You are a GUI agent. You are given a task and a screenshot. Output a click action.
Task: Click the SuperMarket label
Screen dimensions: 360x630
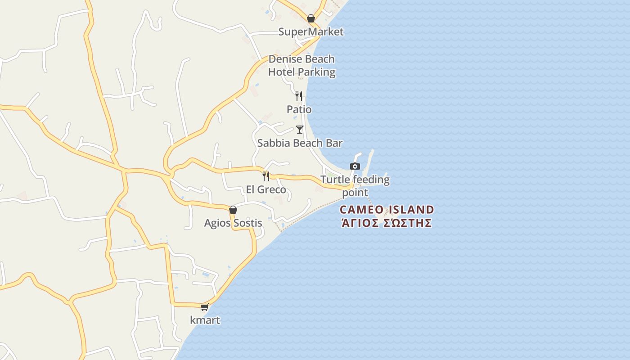point(310,31)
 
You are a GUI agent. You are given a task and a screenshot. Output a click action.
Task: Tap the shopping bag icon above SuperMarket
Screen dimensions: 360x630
point(310,18)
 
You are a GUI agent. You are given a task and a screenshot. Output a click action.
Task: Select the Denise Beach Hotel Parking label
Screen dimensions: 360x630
point(301,65)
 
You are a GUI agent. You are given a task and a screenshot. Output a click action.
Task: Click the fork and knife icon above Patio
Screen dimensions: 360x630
point(298,96)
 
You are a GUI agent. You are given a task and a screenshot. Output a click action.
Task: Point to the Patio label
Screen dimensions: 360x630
point(299,109)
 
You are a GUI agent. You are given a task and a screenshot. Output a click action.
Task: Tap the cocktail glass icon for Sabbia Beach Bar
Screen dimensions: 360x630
point(300,130)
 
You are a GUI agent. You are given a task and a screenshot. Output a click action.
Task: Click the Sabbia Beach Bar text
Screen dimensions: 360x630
point(300,143)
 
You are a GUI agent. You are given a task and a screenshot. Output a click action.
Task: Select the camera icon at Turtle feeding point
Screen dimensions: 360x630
point(355,166)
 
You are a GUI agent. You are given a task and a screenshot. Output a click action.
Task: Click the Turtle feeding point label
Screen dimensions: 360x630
point(355,186)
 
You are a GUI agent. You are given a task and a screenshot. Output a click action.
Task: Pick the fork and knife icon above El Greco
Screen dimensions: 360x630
point(266,176)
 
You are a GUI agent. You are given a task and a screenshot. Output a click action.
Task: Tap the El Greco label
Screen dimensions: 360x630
point(266,189)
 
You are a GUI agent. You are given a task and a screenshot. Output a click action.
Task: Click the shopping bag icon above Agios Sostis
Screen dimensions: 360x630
point(233,210)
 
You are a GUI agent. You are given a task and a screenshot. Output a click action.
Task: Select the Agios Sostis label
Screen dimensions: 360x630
point(233,223)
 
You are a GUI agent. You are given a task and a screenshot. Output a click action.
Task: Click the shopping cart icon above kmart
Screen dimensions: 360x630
point(205,307)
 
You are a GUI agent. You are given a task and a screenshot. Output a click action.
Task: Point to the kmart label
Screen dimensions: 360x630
point(205,320)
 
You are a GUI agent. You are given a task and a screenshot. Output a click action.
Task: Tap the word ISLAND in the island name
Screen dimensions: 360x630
point(412,210)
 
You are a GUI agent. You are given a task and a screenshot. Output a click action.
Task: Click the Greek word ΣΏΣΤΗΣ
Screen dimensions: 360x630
point(408,223)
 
